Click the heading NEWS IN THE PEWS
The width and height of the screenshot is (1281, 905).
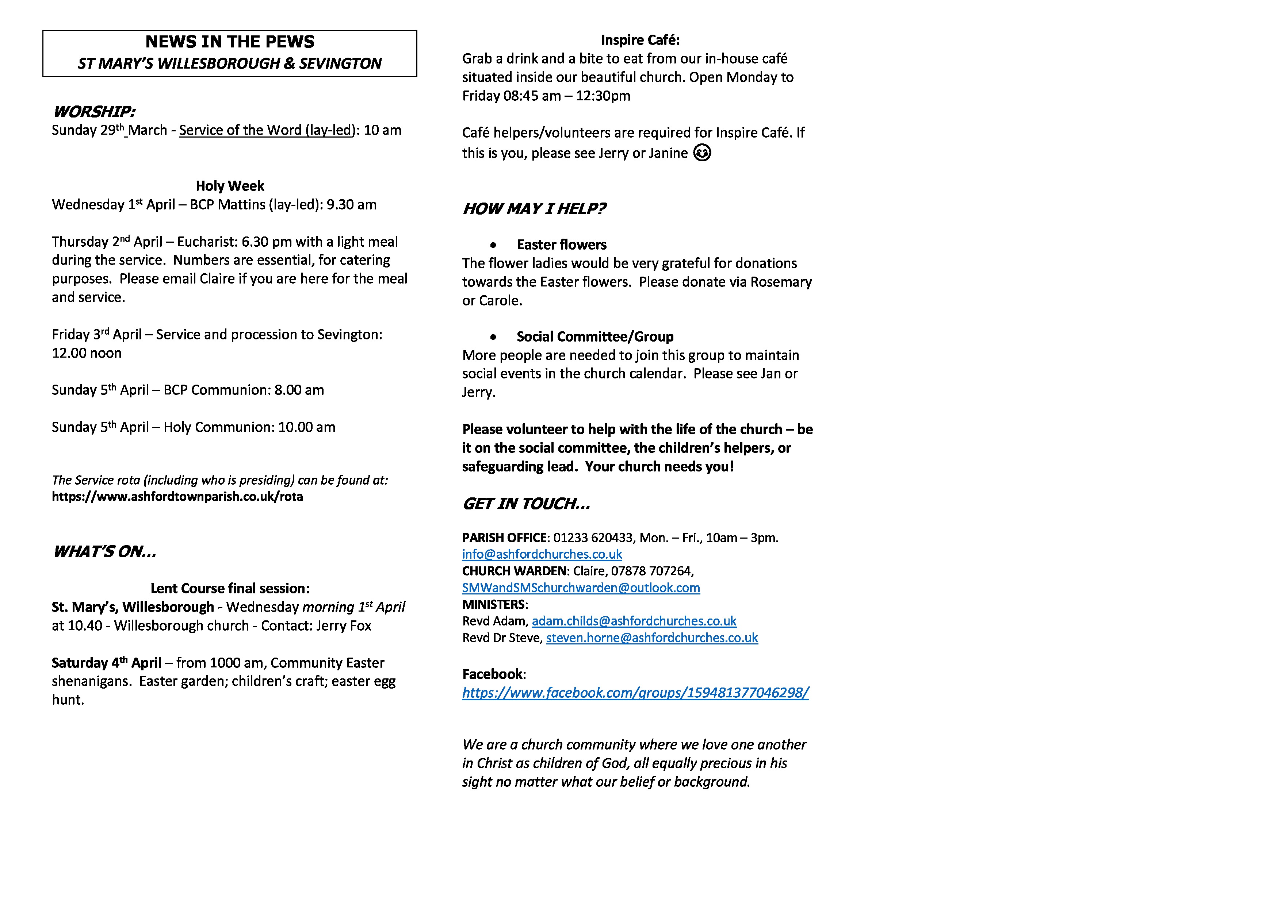(x=229, y=42)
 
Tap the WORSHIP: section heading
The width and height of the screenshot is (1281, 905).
(x=94, y=112)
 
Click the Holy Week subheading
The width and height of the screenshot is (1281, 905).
(x=229, y=186)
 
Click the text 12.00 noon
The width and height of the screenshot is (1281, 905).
(x=87, y=353)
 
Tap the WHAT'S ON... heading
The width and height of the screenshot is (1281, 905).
(x=104, y=551)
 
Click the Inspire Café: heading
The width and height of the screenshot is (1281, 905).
(x=640, y=40)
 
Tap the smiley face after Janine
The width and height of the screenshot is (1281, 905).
(x=702, y=153)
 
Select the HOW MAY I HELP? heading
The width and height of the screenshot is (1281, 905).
(x=534, y=208)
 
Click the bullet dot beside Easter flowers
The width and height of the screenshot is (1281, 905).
(x=493, y=245)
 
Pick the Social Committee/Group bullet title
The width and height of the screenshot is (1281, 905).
(x=595, y=337)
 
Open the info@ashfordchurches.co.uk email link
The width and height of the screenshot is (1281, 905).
(x=542, y=554)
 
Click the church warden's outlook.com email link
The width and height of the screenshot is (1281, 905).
(x=581, y=588)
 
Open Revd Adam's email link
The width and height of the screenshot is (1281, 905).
(x=634, y=621)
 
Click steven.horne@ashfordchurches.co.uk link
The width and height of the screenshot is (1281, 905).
(x=652, y=638)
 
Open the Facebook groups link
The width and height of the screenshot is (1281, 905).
(x=635, y=693)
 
